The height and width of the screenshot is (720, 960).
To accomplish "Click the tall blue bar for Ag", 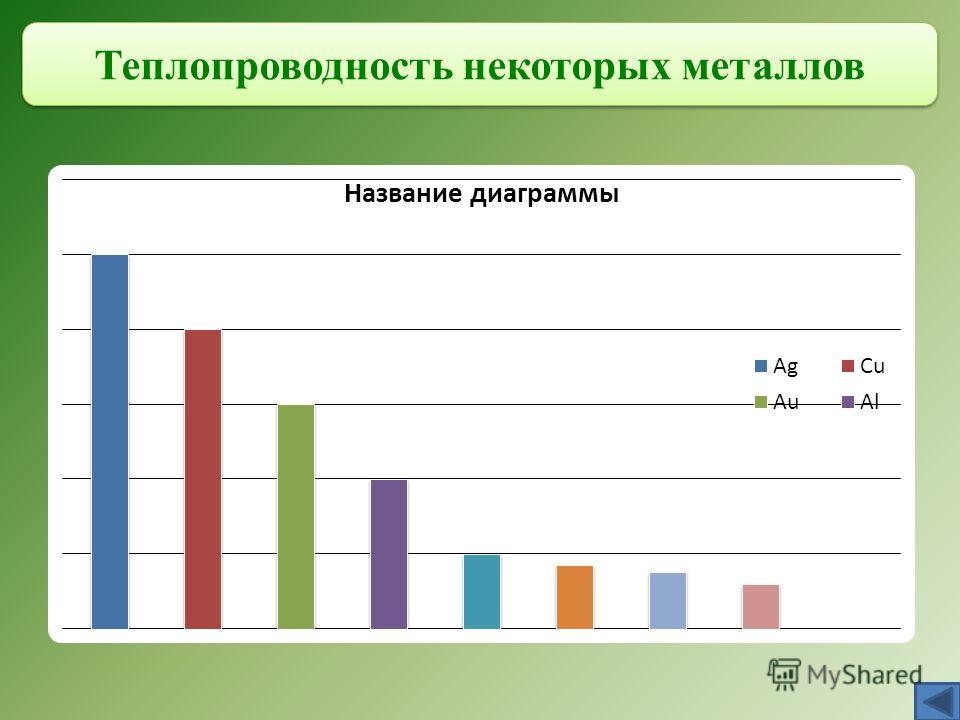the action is pyautogui.click(x=110, y=441).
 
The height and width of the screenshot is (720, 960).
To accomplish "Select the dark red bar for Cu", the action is pyautogui.click(x=203, y=479).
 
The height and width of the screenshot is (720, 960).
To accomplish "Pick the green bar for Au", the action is pyautogui.click(x=296, y=517).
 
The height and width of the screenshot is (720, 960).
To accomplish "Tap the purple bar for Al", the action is pyautogui.click(x=389, y=554).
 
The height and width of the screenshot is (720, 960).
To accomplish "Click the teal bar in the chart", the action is pyautogui.click(x=482, y=591).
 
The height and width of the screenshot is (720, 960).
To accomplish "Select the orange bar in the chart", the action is pyautogui.click(x=575, y=597).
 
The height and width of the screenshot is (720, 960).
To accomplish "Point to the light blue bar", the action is pyautogui.click(x=668, y=601).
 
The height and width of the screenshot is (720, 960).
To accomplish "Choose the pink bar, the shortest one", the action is pyautogui.click(x=761, y=607).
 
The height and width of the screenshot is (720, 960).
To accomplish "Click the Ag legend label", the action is pyautogui.click(x=786, y=366).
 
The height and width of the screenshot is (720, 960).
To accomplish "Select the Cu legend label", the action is pyautogui.click(x=872, y=366).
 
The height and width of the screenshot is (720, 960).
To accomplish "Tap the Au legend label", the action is pyautogui.click(x=786, y=402).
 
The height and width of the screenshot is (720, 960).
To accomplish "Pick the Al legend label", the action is pyautogui.click(x=869, y=402).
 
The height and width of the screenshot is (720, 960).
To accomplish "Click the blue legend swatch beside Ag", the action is pyautogui.click(x=761, y=366).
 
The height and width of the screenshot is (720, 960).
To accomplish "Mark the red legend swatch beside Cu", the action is pyautogui.click(x=848, y=366).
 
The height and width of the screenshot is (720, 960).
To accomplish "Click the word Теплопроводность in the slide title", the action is pyautogui.click(x=274, y=66).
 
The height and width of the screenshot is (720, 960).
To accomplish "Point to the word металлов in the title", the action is pyautogui.click(x=773, y=66).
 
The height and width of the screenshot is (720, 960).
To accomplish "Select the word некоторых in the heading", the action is pyautogui.click(x=567, y=67).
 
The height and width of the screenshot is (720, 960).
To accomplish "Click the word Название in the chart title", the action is pyautogui.click(x=403, y=193).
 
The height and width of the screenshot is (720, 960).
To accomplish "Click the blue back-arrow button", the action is pyautogui.click(x=937, y=702).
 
